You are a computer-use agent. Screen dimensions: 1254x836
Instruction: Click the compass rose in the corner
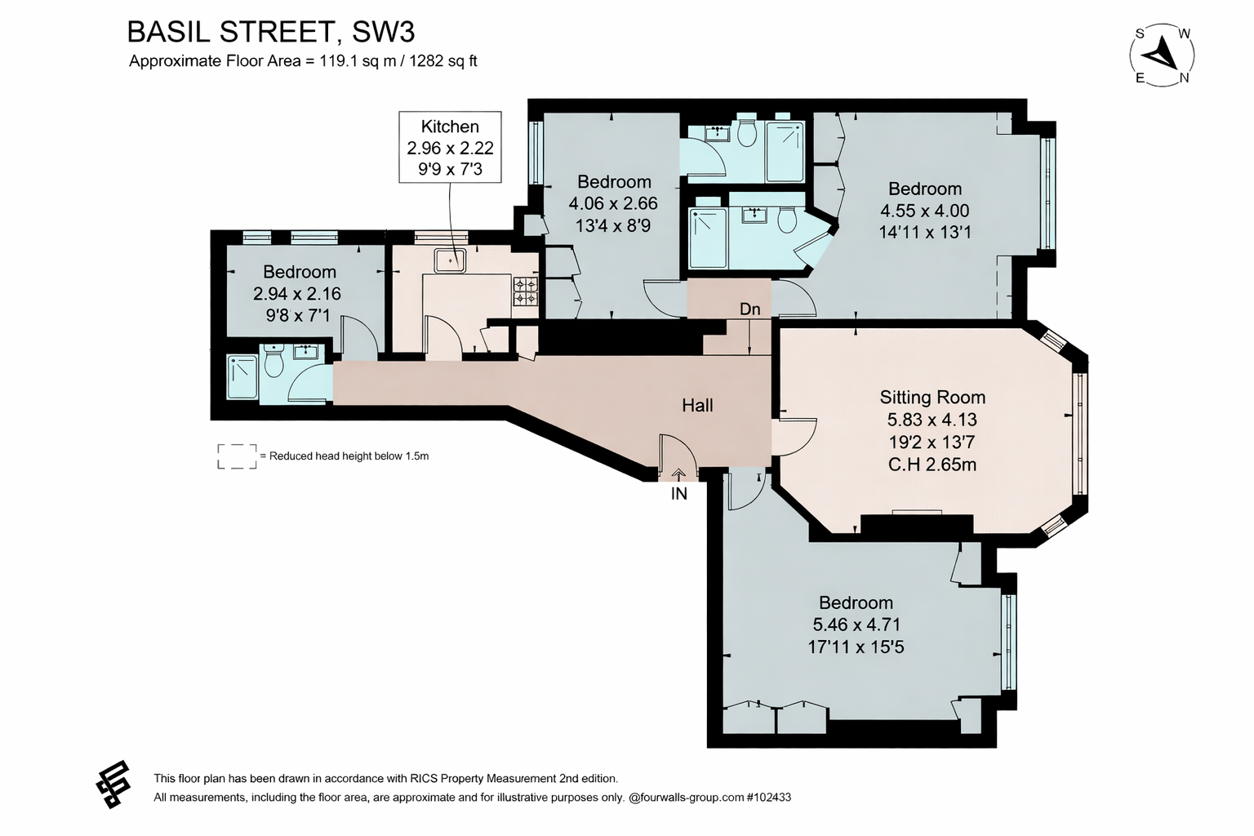(1163, 56)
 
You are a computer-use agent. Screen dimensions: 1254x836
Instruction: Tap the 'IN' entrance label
(679, 494)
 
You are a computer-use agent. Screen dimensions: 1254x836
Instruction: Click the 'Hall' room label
(697, 406)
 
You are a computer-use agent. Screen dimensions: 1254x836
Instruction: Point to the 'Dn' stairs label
(750, 309)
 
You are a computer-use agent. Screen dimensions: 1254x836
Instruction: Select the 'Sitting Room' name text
(932, 397)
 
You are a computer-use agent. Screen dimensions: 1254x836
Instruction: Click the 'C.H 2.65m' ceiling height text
(932, 465)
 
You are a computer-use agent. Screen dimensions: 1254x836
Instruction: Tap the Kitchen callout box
(450, 147)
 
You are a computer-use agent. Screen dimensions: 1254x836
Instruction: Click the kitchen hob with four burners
(526, 291)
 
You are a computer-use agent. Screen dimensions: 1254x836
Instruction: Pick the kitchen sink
(450, 260)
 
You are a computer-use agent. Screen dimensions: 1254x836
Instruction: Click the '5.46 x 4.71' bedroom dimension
(856, 625)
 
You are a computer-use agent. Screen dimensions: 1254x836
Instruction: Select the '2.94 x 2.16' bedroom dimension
(296, 293)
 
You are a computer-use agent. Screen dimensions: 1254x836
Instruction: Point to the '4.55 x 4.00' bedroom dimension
(924, 211)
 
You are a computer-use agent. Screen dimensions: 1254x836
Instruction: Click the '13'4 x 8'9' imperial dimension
(613, 225)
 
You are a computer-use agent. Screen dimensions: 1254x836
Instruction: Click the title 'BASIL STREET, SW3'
(271, 32)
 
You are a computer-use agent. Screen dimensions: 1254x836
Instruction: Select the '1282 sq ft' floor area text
(442, 61)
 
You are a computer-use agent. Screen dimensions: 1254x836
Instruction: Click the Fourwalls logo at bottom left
(113, 785)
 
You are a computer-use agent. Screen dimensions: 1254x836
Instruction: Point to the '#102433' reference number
(768, 798)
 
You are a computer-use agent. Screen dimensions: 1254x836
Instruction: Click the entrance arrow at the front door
(678, 475)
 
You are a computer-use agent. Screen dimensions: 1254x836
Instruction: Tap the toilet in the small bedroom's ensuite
(273, 361)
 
